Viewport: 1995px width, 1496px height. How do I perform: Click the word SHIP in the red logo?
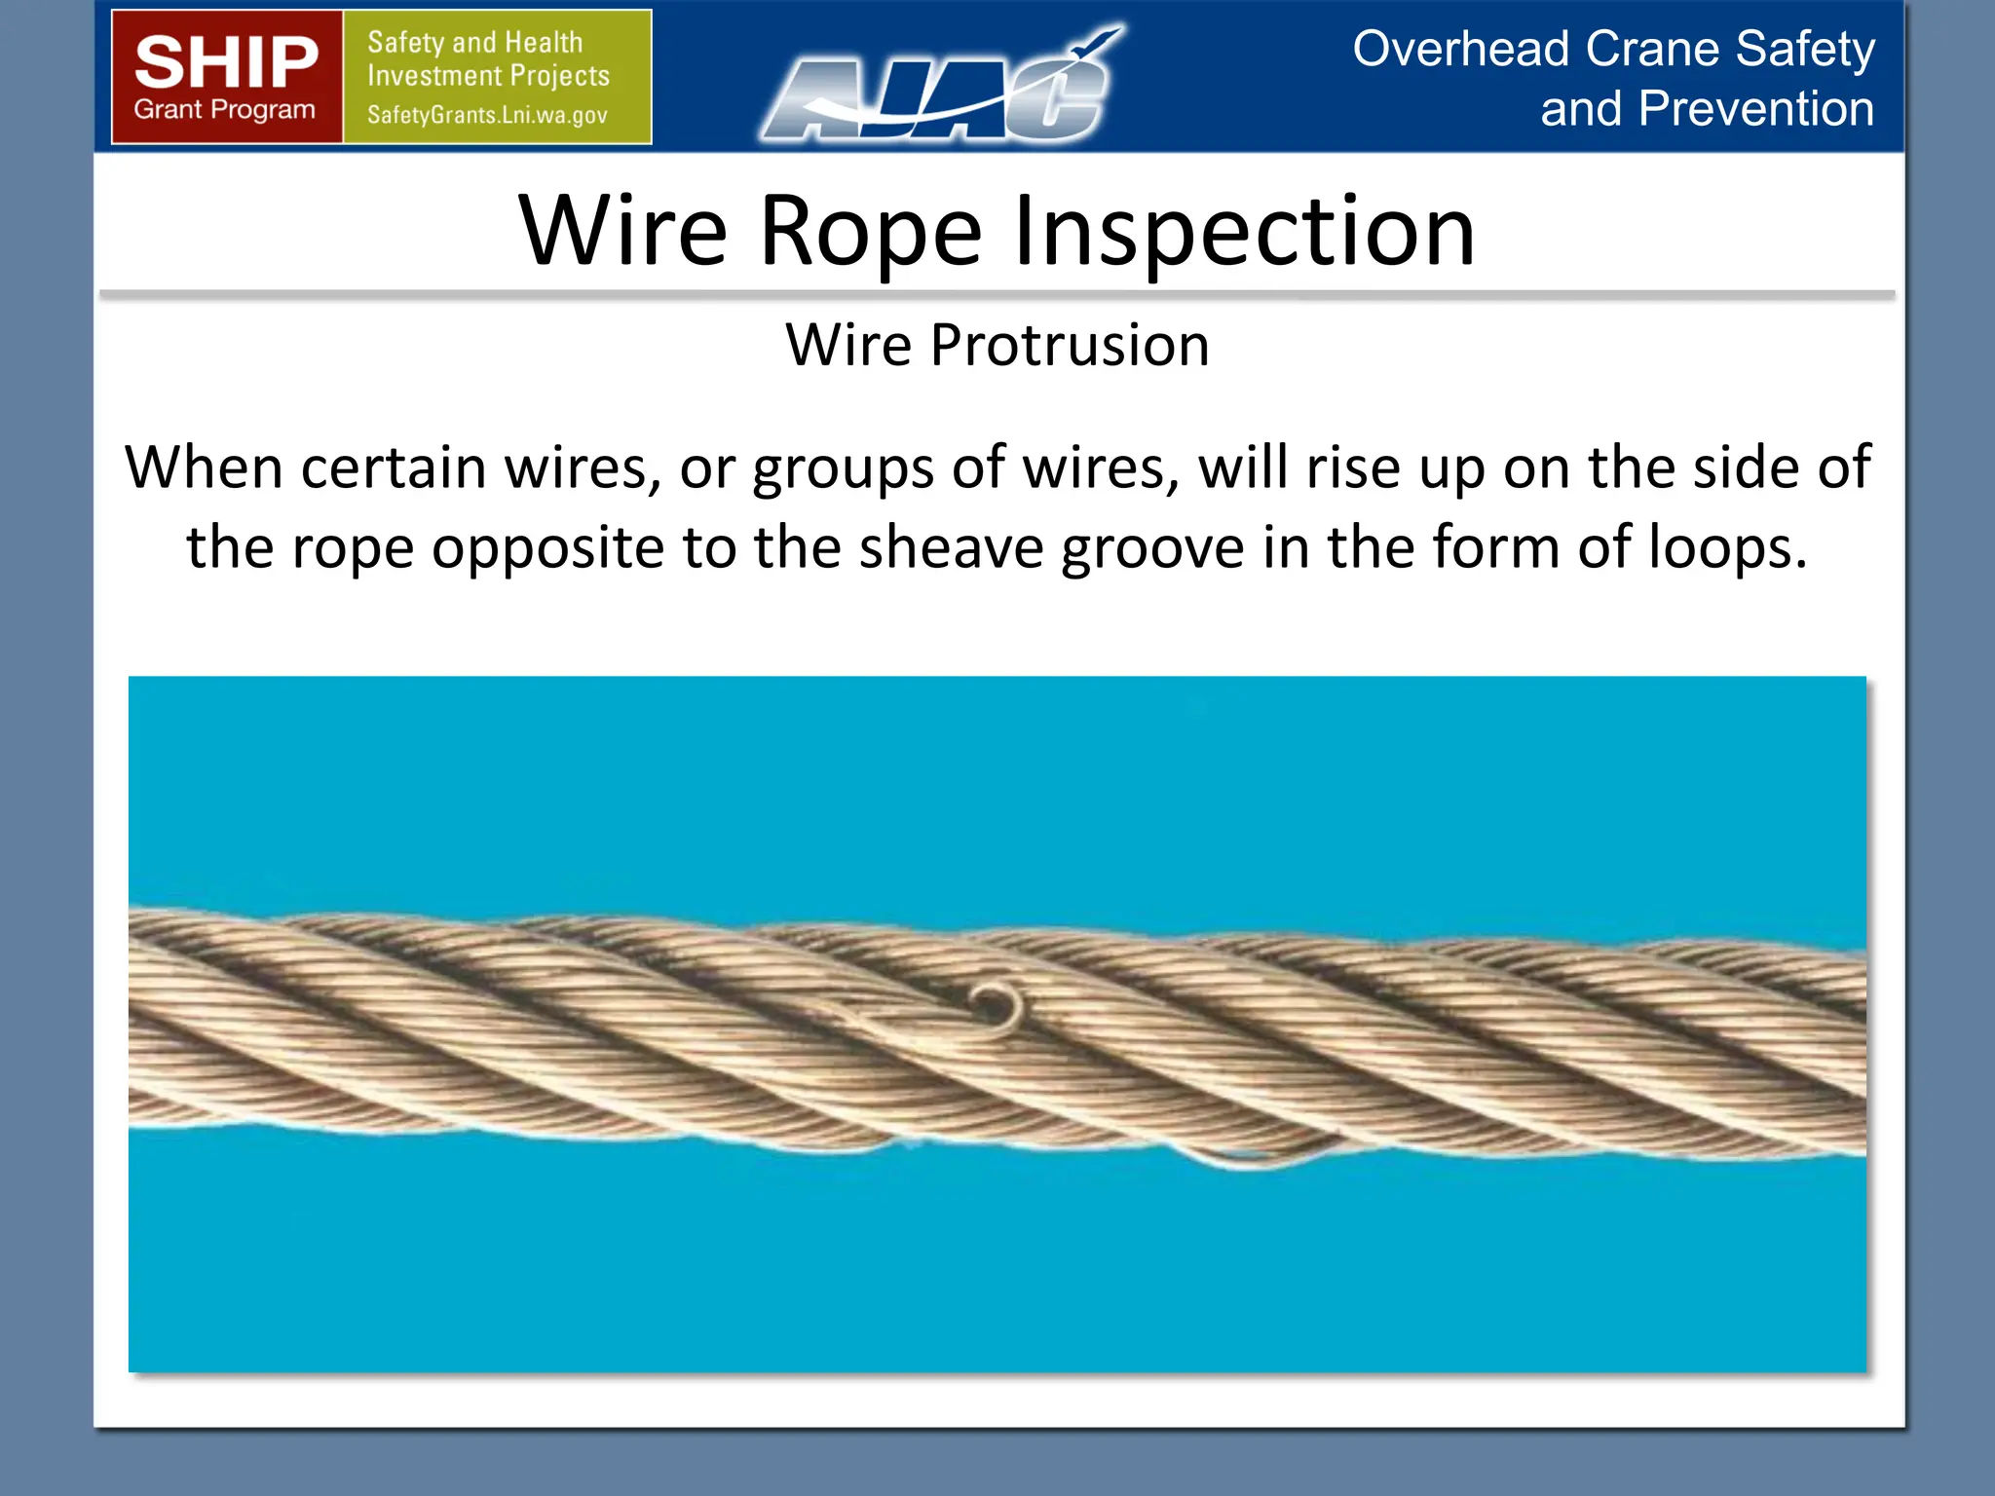pos(226,62)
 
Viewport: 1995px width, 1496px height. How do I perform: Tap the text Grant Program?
pos(225,110)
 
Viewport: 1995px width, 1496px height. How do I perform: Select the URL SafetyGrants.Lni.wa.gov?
pos(487,115)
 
